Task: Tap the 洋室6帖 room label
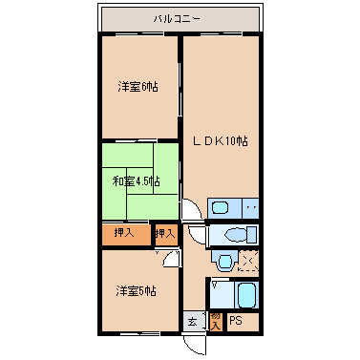(x=138, y=87)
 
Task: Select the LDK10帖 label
(x=221, y=140)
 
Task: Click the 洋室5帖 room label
(x=137, y=290)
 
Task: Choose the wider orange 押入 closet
(x=125, y=233)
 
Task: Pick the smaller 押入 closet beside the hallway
(x=165, y=233)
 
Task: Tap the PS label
(x=236, y=321)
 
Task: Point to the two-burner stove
(x=250, y=208)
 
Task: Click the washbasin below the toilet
(x=222, y=261)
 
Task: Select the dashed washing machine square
(x=248, y=260)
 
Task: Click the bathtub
(x=246, y=295)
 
